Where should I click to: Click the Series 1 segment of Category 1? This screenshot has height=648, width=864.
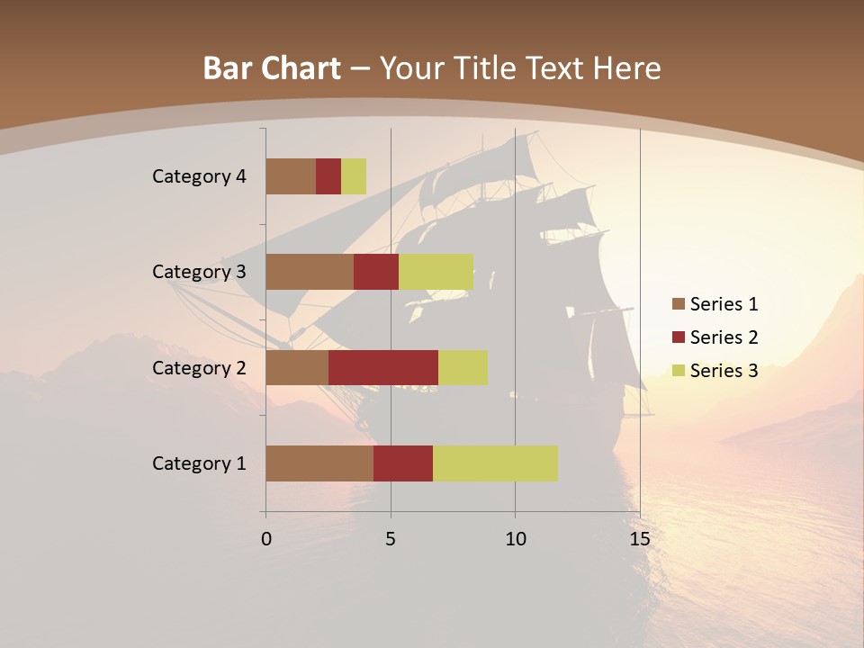click(x=319, y=463)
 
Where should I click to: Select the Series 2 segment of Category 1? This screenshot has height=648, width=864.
click(x=403, y=463)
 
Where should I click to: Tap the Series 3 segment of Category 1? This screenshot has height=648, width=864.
click(x=495, y=463)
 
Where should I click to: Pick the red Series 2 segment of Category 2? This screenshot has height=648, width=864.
click(x=383, y=367)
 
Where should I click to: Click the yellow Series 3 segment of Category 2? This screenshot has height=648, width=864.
click(x=463, y=367)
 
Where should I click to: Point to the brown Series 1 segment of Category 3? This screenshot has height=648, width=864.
click(x=310, y=272)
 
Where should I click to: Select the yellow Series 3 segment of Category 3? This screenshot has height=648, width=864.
click(x=436, y=272)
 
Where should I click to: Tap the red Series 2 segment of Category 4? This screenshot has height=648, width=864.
click(x=328, y=176)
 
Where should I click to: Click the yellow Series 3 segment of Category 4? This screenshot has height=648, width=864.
click(x=354, y=176)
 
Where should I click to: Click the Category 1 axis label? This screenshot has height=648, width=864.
click(x=199, y=463)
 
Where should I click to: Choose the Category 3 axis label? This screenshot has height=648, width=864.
click(x=199, y=272)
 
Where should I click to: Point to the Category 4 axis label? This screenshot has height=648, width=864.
click(x=199, y=176)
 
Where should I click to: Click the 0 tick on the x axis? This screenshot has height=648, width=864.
click(x=266, y=539)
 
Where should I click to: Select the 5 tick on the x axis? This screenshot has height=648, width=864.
click(x=391, y=539)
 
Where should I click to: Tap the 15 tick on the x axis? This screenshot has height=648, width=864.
click(x=640, y=539)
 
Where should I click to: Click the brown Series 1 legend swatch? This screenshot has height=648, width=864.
click(x=678, y=304)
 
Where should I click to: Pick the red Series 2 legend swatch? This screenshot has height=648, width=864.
click(x=678, y=337)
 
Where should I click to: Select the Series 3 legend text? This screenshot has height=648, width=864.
click(x=724, y=371)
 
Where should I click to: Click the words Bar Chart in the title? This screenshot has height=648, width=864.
click(x=272, y=68)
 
